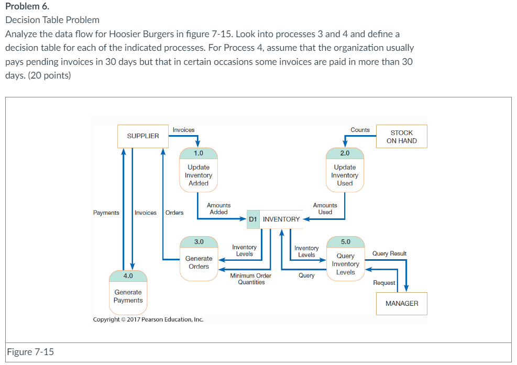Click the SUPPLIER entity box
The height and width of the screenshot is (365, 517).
click(x=143, y=136)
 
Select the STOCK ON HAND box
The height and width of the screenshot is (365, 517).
click(x=402, y=137)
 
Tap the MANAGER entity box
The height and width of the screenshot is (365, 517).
click(x=402, y=304)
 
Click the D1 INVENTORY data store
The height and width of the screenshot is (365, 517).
click(x=274, y=219)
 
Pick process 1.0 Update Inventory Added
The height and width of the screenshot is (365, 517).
click(x=199, y=170)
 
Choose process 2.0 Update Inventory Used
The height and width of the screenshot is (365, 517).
click(x=345, y=170)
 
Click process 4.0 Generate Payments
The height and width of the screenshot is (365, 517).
click(x=128, y=292)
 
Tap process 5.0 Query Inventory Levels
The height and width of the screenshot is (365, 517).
click(x=345, y=259)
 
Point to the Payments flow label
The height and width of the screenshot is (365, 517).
click(x=106, y=213)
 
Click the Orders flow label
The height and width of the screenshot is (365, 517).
click(x=174, y=213)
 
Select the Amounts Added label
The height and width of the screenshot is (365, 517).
click(x=218, y=209)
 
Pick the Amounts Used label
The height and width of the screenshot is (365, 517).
click(x=325, y=209)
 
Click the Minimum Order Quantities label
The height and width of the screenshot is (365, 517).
click(x=251, y=279)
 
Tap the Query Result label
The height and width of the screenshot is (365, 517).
click(x=389, y=253)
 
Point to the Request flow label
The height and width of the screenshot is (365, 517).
click(x=384, y=283)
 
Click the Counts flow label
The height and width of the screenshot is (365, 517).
click(x=360, y=130)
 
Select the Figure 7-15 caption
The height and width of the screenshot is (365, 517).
click(x=31, y=351)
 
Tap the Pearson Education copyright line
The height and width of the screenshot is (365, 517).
click(x=148, y=319)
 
